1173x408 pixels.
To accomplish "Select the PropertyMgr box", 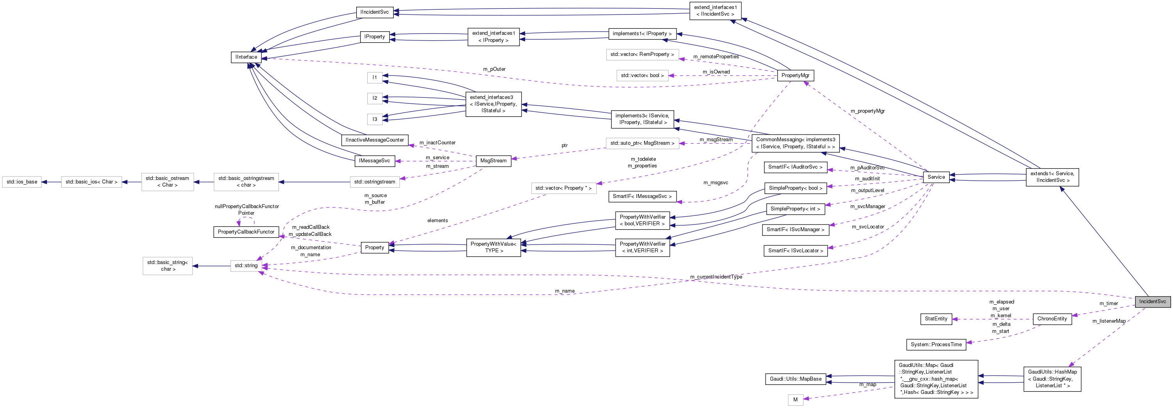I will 795,75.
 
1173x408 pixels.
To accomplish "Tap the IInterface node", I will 246,57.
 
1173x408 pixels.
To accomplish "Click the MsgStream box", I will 493,160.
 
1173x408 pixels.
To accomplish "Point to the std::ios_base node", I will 22,182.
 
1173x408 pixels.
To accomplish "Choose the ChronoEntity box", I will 1052,319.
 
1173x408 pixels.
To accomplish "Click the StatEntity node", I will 936,319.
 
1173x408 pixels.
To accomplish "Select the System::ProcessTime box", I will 936,345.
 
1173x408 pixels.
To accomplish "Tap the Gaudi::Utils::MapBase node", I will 796,379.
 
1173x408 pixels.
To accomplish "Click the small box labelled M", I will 795,400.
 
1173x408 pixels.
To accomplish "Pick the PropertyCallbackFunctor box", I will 246,232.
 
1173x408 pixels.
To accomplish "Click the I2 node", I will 375,98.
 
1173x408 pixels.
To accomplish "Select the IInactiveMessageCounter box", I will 375,140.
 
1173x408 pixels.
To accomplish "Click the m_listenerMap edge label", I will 1109,321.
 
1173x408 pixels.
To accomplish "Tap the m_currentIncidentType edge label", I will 716,277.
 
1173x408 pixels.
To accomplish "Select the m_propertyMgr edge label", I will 868,111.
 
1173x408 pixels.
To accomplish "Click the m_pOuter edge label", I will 494,69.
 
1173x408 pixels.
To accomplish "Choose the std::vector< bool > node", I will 642,75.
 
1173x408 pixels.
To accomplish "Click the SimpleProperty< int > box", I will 795,209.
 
